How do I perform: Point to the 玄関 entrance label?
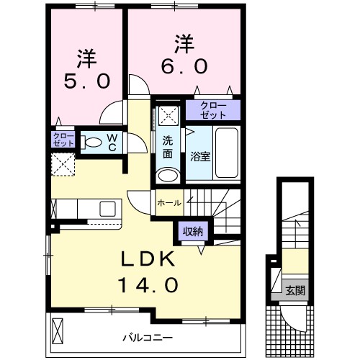click(x=296, y=290)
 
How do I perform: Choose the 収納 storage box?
click(x=192, y=231)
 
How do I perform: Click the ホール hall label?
click(x=169, y=203)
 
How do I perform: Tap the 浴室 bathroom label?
click(x=200, y=156)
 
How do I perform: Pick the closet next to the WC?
click(x=62, y=139)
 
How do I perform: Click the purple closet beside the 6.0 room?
click(x=212, y=110)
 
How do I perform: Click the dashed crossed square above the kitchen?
click(x=63, y=163)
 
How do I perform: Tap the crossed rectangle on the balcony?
click(x=59, y=331)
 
